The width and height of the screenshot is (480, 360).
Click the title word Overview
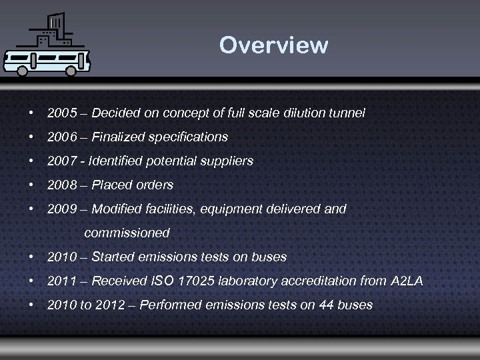click(x=273, y=45)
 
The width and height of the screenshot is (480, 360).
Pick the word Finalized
click(x=116, y=137)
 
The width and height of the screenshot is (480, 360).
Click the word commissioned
click(x=127, y=233)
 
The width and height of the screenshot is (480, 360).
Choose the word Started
click(x=111, y=257)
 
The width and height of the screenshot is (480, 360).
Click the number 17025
click(x=199, y=281)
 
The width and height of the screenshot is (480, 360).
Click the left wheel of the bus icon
click(x=22, y=70)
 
